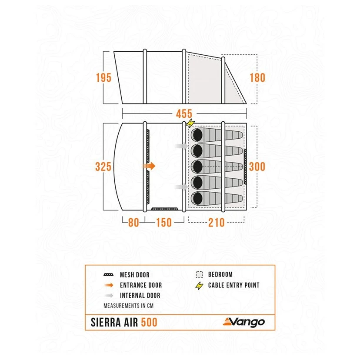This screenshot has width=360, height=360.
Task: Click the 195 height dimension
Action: tap(104, 78)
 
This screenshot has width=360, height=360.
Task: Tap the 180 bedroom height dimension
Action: tap(257, 78)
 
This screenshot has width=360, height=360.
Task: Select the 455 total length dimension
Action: tap(184, 114)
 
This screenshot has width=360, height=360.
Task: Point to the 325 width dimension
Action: tap(104, 167)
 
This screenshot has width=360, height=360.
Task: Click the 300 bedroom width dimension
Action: tap(257, 167)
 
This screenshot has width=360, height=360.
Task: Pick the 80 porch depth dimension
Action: tap(133, 222)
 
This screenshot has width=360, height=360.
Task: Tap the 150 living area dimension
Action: tap(163, 222)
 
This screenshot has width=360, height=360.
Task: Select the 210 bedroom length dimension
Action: tap(216, 222)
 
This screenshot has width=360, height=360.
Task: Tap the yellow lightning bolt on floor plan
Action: tap(190, 124)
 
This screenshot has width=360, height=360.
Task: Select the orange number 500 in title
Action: tap(149, 323)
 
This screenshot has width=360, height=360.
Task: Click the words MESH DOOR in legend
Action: tap(134, 275)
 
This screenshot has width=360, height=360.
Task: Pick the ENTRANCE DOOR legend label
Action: tap(140, 285)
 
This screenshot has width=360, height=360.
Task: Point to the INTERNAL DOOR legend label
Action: tap(140, 296)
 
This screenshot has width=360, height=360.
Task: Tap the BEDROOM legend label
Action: tap(220, 275)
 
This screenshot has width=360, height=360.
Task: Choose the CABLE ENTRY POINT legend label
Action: tap(233, 285)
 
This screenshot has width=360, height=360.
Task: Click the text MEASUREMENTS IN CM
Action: tap(128, 306)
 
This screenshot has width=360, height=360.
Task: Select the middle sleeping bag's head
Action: tap(197, 166)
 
